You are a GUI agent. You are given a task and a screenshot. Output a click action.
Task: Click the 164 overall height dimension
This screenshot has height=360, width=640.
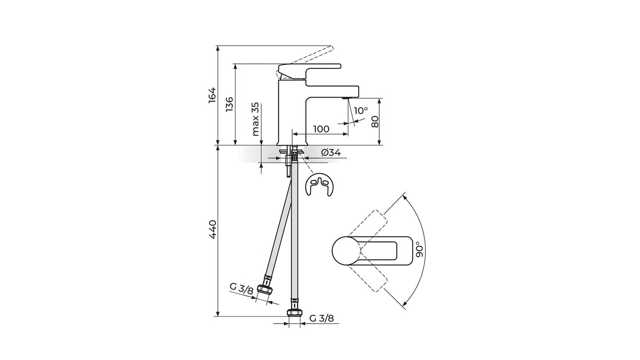click(212, 95)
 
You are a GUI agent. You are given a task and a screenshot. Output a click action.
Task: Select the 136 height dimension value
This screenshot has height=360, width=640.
click(229, 104)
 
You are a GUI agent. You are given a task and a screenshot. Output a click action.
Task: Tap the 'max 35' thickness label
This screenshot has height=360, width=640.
click(255, 119)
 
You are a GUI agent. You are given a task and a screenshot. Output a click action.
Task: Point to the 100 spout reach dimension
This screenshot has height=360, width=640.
click(321, 129)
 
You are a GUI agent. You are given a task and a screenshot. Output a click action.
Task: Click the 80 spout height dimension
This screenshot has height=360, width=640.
click(375, 121)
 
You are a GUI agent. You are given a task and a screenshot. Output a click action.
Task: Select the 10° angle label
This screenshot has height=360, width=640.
click(361, 111)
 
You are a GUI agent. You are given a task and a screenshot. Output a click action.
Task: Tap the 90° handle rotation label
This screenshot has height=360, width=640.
click(419, 250)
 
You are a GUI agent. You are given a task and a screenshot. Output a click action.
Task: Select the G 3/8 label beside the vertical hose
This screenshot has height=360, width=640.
click(322, 318)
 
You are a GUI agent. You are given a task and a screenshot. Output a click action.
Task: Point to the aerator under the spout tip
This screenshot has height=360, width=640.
click(346, 98)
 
